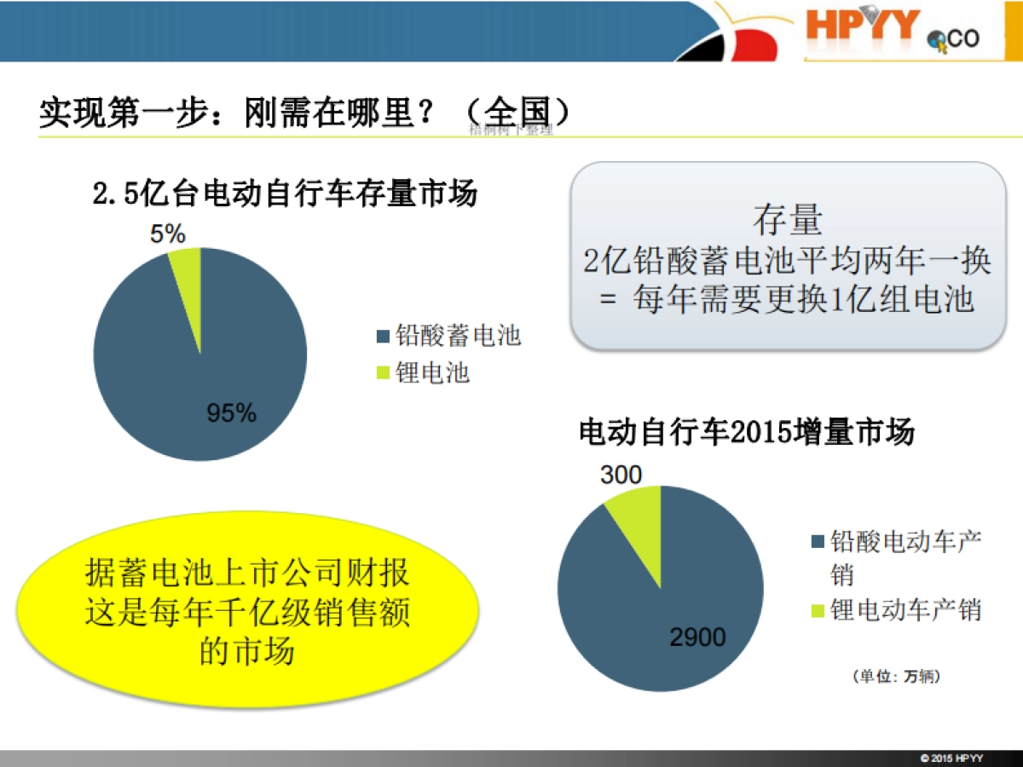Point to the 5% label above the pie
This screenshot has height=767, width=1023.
click(167, 234)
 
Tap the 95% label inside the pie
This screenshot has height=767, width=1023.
click(231, 413)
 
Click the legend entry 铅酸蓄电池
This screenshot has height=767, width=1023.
click(458, 336)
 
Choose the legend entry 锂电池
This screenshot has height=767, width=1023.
click(432, 373)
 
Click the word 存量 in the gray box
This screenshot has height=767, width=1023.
click(787, 221)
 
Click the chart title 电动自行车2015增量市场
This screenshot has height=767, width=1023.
click(746, 432)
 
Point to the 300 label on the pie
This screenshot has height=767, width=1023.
click(621, 475)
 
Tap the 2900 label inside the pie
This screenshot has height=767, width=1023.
click(696, 637)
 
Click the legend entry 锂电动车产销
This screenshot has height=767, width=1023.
click(905, 610)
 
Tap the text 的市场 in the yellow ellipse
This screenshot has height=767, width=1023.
click(247, 652)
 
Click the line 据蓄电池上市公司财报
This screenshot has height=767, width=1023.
click(247, 573)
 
